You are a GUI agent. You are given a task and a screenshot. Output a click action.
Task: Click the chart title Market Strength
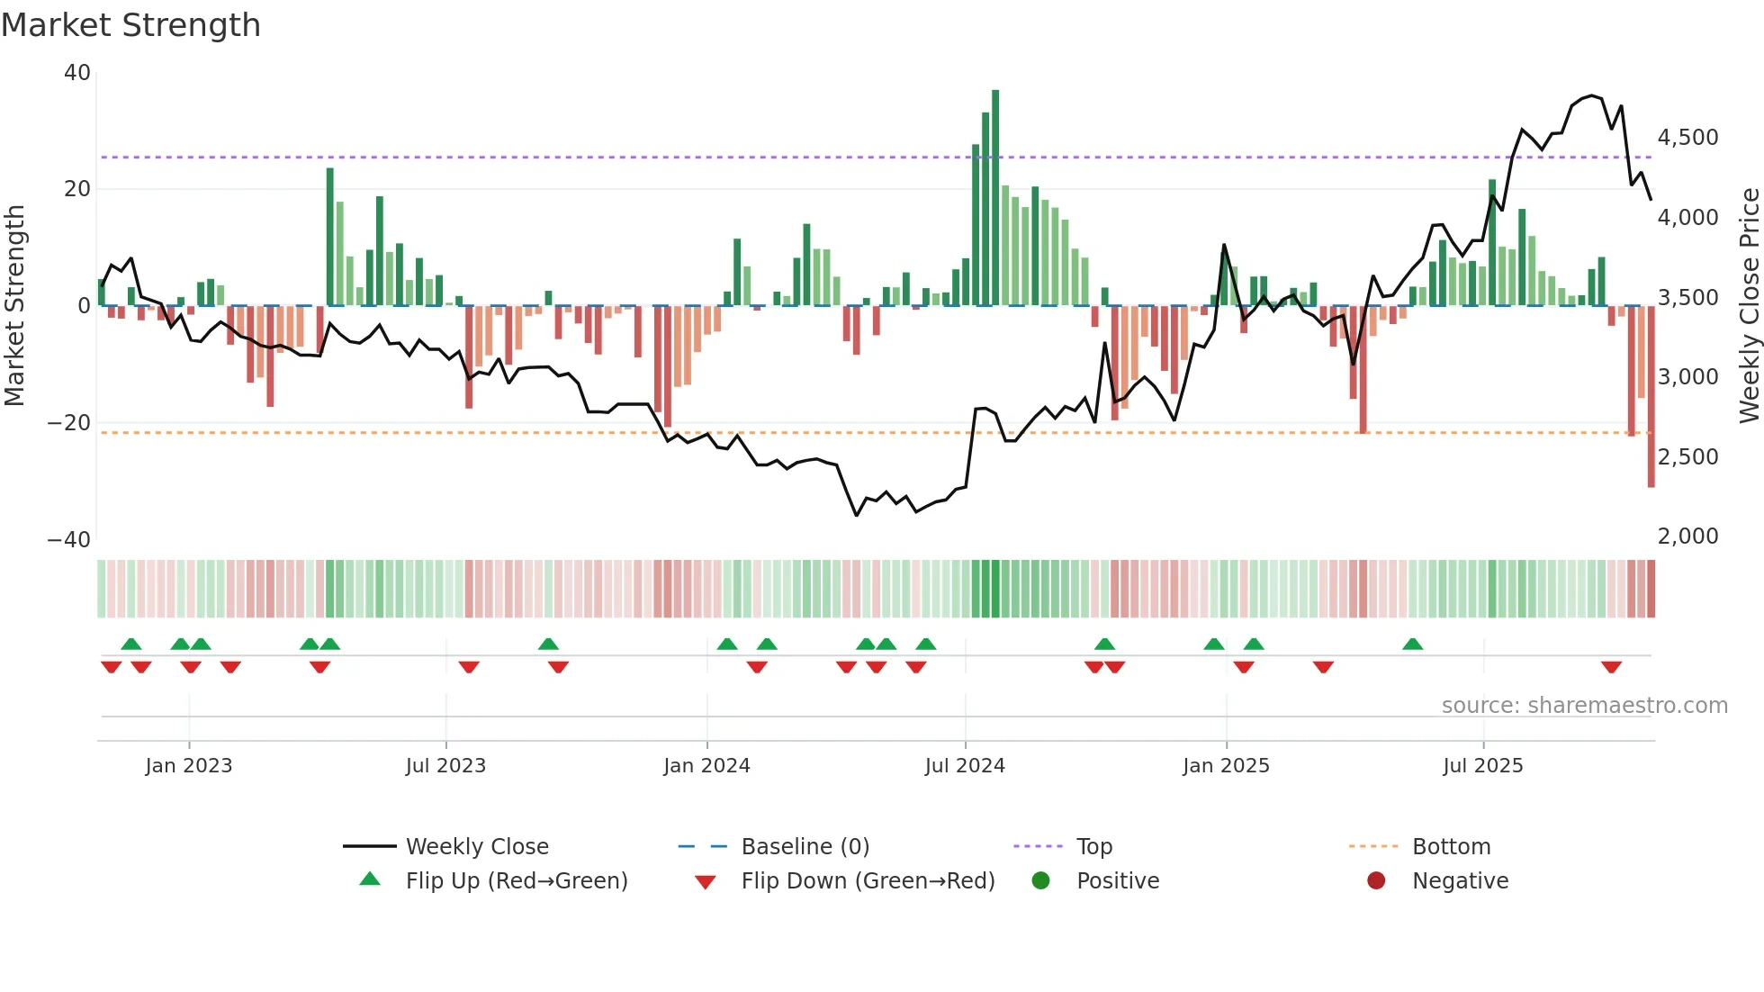pos(130,25)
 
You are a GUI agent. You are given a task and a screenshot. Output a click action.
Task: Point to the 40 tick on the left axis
pos(77,73)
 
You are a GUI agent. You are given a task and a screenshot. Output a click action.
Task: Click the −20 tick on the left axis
pos(69,423)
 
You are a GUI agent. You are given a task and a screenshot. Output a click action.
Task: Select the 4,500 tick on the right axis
pos(1687,138)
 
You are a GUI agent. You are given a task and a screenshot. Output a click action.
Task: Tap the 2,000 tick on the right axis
pos(1687,537)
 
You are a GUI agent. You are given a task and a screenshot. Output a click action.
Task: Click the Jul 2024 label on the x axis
pos(965,766)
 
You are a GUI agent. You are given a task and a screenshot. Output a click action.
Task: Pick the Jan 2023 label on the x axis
pos(189,766)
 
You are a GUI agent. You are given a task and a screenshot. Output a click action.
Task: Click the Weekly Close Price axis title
pos(1749,305)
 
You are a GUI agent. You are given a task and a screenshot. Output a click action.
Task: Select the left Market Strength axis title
pos(14,305)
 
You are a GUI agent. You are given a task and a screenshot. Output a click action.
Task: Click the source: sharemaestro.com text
pos(1584,706)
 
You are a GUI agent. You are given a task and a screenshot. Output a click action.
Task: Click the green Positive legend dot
pos(1040,881)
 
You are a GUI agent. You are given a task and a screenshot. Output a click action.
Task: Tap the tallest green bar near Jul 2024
pos(995,198)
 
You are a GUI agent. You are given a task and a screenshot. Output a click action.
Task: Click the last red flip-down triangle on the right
pos(1611,667)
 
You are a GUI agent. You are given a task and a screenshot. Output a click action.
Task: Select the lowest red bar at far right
pos(1651,396)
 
